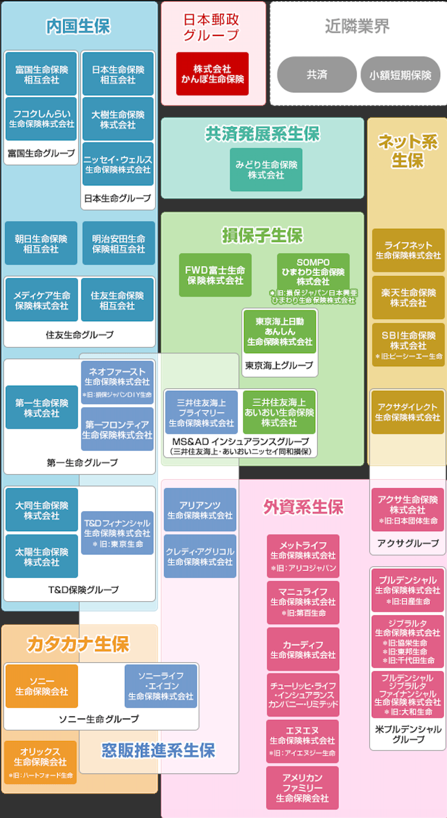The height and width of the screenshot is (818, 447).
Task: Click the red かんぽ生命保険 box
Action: pos(212,74)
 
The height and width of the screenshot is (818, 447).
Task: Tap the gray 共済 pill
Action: pos(316,74)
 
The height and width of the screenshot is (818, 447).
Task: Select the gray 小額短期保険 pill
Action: pos(400,74)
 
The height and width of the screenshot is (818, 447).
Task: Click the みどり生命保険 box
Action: pos(266,169)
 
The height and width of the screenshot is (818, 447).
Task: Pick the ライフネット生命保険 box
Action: pos(408,250)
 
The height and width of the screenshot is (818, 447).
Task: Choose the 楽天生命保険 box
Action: pos(408,297)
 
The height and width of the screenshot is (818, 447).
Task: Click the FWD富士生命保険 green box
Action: pos(215,275)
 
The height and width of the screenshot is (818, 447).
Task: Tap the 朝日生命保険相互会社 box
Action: pos(41,243)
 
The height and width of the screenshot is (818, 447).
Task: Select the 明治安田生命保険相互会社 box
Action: pos(119,243)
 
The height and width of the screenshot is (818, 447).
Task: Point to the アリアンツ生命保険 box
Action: pos(200,510)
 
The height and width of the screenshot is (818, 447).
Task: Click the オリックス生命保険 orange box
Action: pos(40,762)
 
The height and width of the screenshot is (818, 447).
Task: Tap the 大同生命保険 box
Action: pos(42,509)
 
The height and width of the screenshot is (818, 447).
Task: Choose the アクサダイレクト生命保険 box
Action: pos(407,412)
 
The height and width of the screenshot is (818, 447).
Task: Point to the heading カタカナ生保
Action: pos(78,644)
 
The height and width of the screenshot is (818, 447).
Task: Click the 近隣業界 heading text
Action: pos(357,26)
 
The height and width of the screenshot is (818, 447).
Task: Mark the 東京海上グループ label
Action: pos(279,365)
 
